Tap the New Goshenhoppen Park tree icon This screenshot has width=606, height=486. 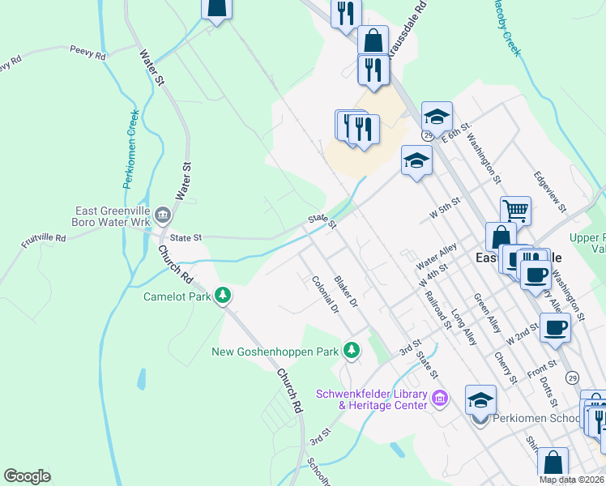(351, 351)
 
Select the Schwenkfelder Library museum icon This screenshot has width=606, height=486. (440, 398)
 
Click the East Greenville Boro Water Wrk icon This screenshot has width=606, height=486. (163, 214)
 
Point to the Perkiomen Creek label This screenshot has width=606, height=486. (132, 150)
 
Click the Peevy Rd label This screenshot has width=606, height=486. (87, 54)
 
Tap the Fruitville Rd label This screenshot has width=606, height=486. (44, 238)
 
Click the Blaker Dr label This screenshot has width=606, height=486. (346, 291)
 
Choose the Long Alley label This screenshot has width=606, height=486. (464, 328)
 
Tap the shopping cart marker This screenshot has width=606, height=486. (515, 211)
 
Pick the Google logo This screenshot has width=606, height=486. (27, 476)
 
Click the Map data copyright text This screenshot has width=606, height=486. (571, 480)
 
